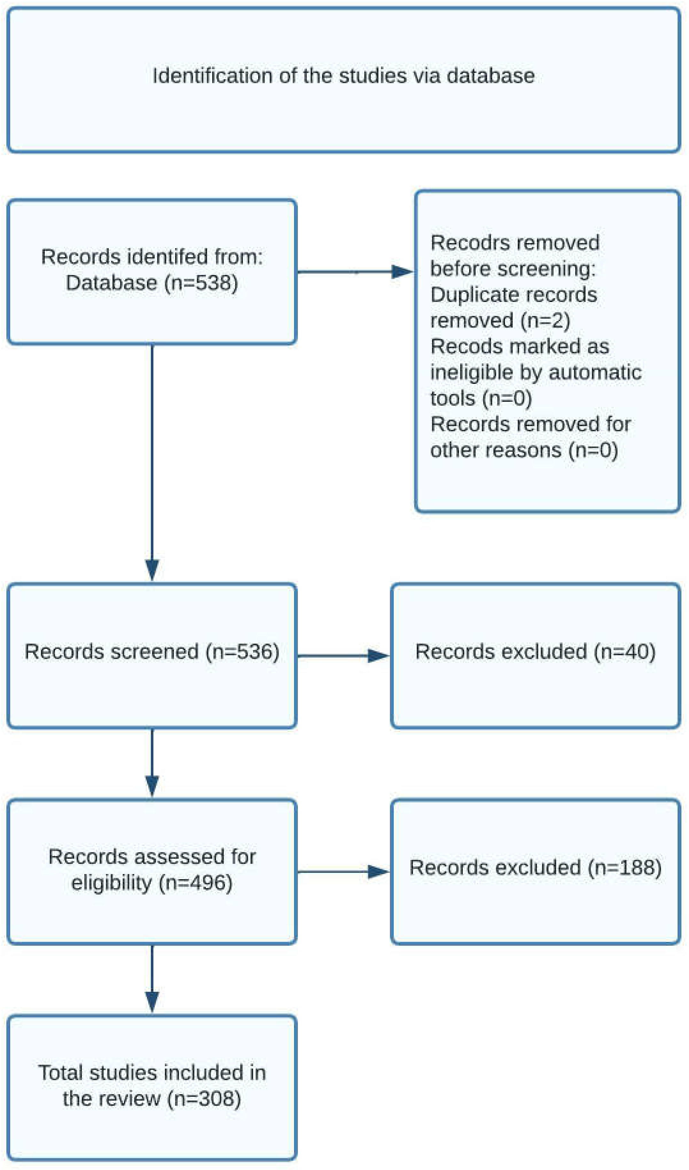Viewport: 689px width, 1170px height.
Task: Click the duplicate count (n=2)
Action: click(x=545, y=321)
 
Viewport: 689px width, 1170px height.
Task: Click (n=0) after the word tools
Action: click(x=507, y=399)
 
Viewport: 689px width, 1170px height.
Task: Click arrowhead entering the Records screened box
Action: click(x=152, y=570)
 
